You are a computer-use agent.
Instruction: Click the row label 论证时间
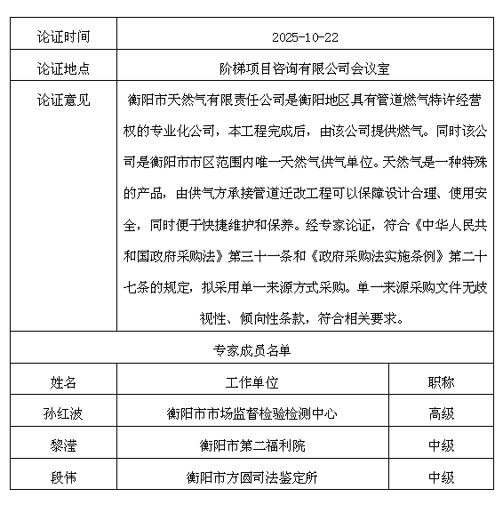(x=63, y=38)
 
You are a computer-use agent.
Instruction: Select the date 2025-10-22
(x=304, y=38)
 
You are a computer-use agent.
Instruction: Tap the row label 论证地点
(x=63, y=68)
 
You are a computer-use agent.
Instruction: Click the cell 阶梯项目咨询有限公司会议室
(x=304, y=68)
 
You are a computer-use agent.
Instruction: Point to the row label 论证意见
(x=63, y=100)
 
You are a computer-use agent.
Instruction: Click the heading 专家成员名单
(x=251, y=350)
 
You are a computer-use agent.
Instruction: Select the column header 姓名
(x=63, y=382)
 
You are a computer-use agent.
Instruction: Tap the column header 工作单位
(x=252, y=382)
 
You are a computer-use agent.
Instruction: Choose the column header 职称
(x=441, y=382)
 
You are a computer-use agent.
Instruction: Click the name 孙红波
(x=63, y=413)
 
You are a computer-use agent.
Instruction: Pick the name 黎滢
(x=63, y=445)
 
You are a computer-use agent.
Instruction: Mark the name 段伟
(x=63, y=477)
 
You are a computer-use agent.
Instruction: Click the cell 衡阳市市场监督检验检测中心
(x=252, y=413)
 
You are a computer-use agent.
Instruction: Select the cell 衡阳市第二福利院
(x=252, y=445)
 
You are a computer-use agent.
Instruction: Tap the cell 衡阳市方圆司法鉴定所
(x=252, y=477)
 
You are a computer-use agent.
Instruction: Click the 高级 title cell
(x=441, y=413)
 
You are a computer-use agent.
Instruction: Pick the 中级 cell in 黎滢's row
(x=441, y=445)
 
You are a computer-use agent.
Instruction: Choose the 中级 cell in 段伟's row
(x=441, y=477)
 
